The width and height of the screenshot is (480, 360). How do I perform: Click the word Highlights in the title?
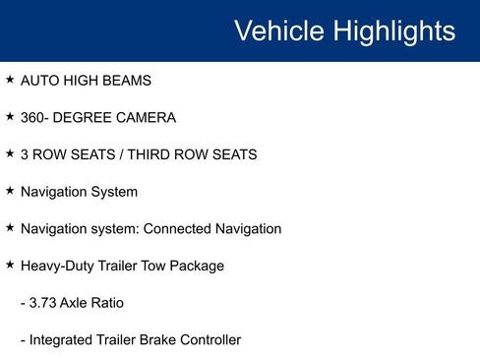(x=392, y=31)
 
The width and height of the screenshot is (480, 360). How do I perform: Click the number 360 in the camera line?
(x=32, y=117)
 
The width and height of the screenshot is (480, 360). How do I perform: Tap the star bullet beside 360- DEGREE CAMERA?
(x=10, y=117)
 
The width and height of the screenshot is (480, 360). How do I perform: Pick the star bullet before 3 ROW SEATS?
(x=10, y=153)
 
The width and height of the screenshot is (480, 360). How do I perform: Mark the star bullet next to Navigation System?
(x=10, y=191)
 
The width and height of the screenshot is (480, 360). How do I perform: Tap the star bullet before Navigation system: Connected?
(x=10, y=228)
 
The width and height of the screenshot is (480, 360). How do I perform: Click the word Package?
(x=197, y=267)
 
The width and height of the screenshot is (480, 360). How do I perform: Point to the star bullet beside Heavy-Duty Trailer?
(x=10, y=265)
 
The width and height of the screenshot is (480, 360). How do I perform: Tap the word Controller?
(x=208, y=339)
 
